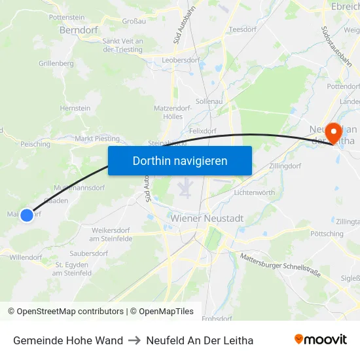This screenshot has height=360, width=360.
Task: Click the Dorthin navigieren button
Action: pyautogui.click(x=180, y=160)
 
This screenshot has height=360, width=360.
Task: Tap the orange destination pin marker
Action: pyautogui.click(x=333, y=132)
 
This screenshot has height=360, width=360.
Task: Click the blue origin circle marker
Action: pyautogui.click(x=26, y=215)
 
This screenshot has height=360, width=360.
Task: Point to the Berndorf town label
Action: pyautogui.click(x=79, y=29)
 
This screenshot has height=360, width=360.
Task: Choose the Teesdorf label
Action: pyautogui.click(x=242, y=29)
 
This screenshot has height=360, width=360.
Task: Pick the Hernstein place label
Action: pyautogui.click(x=74, y=108)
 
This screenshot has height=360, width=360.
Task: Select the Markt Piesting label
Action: pyautogui.click(x=97, y=139)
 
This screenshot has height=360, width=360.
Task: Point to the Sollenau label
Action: pyautogui.click(x=209, y=102)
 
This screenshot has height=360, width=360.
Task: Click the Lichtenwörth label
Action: pyautogui.click(x=254, y=193)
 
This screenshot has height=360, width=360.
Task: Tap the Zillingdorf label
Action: pyautogui.click(x=285, y=166)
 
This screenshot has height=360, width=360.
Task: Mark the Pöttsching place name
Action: pyautogui.click(x=327, y=233)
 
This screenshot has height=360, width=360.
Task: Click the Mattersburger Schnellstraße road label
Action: pyautogui.click(x=279, y=264)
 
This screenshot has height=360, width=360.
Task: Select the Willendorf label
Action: pyautogui.click(x=26, y=257)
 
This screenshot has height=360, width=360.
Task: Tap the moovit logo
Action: pyautogui.click(x=320, y=340)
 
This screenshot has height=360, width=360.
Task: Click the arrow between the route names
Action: pyautogui.click(x=135, y=340)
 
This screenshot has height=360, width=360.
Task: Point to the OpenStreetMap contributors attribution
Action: pyautogui.click(x=65, y=312)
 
